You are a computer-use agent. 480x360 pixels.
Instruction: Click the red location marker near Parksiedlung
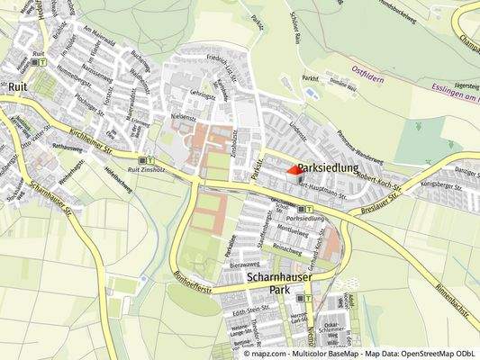pos(293,170)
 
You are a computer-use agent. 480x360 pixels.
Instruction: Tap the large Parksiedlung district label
pos(329,167)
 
